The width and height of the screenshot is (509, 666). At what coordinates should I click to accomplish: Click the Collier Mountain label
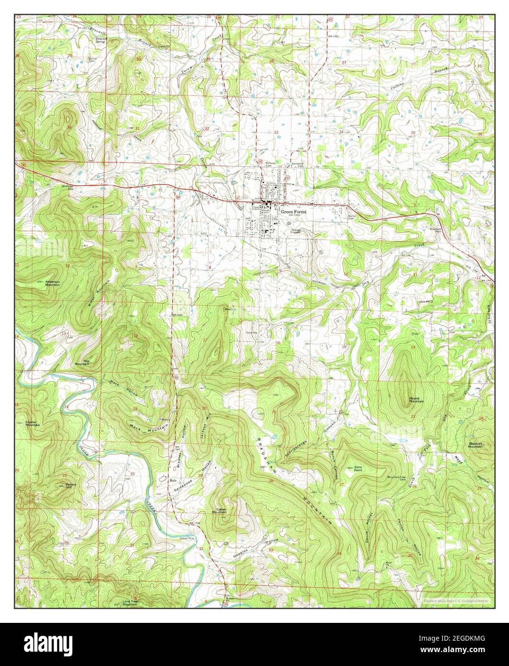[219, 511]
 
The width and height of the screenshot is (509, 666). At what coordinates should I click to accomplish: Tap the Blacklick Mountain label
[475, 445]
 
